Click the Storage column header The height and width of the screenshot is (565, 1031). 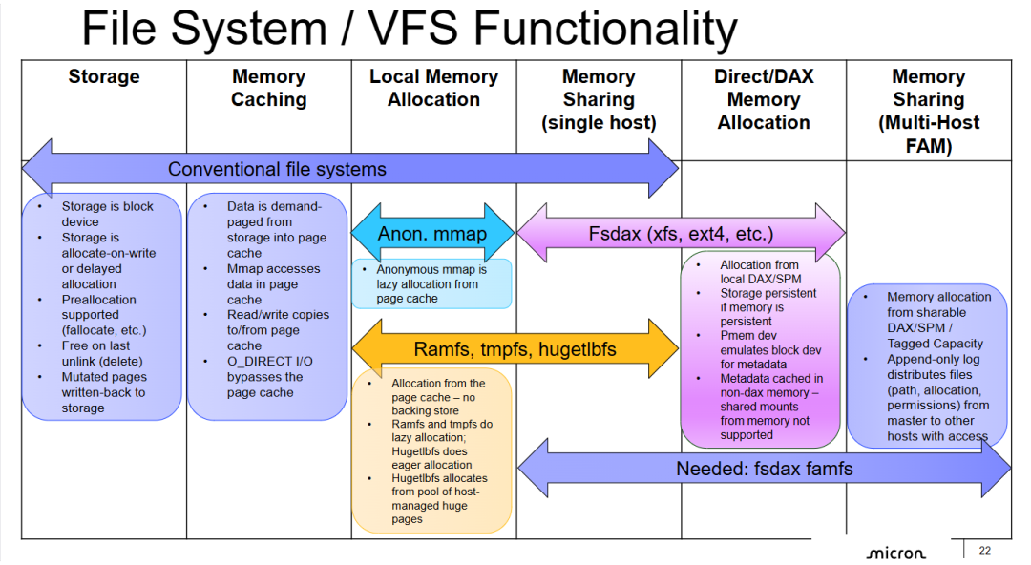(x=104, y=76)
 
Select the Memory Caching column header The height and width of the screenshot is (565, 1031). (x=269, y=88)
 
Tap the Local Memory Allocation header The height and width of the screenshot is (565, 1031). (x=434, y=88)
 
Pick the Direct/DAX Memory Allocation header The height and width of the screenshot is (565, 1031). (x=764, y=99)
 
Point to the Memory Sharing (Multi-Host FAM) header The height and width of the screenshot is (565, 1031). (x=929, y=111)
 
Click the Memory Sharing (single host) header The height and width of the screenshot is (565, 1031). (x=599, y=99)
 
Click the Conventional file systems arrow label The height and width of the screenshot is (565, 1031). (x=277, y=169)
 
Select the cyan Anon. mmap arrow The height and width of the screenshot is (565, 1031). (x=432, y=233)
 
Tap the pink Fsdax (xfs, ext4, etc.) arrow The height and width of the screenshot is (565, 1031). (x=681, y=233)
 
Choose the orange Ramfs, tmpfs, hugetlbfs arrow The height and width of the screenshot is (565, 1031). (x=515, y=348)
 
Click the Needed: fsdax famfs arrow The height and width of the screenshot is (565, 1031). (x=764, y=469)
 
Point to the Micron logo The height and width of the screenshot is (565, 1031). (x=895, y=554)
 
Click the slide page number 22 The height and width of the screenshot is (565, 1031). (x=984, y=551)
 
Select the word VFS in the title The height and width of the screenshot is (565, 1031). (x=412, y=29)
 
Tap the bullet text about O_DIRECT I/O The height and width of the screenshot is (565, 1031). (x=269, y=377)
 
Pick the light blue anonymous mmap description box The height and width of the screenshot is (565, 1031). (x=432, y=283)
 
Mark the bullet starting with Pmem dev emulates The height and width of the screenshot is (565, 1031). (x=769, y=350)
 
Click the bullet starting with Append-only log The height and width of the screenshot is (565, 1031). (x=937, y=397)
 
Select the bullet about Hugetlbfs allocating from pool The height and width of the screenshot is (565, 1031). (x=439, y=498)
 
